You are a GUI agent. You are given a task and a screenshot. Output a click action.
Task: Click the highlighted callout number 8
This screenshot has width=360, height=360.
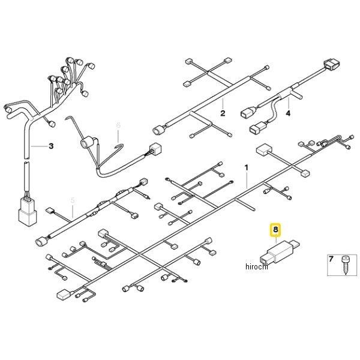click(275, 229)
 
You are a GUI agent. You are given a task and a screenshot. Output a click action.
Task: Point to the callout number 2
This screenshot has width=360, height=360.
click(222, 113)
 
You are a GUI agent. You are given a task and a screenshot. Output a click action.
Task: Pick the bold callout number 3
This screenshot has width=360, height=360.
click(51, 146)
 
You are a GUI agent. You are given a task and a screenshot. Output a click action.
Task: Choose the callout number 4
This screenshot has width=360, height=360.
click(288, 113)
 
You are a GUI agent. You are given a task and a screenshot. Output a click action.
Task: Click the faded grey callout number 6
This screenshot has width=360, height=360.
click(118, 125)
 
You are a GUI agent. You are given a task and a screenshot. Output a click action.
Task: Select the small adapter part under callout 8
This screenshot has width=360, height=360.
click(280, 252)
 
